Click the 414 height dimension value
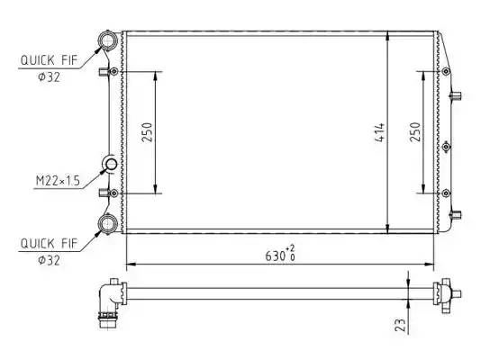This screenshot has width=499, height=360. click(x=380, y=132)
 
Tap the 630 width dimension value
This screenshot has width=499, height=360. click(x=276, y=256)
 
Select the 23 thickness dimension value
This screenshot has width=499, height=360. click(x=401, y=325)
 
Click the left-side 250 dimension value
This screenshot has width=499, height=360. click(x=147, y=132)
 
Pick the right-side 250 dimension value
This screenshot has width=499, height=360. click(x=415, y=132)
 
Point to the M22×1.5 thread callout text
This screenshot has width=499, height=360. click(x=58, y=181)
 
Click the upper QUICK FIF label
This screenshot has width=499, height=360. click(x=49, y=60)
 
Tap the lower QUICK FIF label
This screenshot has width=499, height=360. click(x=49, y=244)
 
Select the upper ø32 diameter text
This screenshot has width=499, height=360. click(x=49, y=77)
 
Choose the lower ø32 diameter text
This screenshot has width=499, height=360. click(x=49, y=260)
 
